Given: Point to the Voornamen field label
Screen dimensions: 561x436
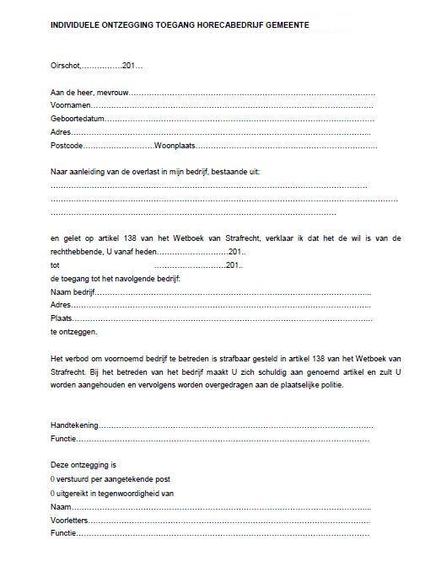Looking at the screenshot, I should pos(70,105).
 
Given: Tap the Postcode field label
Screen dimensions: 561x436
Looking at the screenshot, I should pos(67,146).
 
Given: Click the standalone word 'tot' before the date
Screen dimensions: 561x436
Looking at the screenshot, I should pos(56,265).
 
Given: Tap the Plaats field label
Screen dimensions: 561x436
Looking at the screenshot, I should pos(62,318).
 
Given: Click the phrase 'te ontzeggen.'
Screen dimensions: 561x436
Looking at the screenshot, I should pos(74,332).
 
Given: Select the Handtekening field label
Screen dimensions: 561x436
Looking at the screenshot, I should pos(74,425).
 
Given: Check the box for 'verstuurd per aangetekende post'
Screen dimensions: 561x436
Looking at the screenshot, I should pos(53,478).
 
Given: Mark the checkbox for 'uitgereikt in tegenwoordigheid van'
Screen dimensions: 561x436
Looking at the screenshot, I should pos(53,492).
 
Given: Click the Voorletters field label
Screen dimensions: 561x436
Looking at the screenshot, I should pos(71,519).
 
